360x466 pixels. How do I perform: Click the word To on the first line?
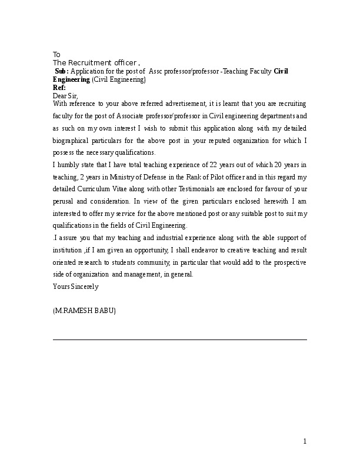56,54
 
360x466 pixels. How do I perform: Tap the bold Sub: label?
61,71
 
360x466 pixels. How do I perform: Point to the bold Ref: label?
59,87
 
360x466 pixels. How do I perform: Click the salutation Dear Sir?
65,95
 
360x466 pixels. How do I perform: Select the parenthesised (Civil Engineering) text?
119,79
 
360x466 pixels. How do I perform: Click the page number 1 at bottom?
305,441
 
